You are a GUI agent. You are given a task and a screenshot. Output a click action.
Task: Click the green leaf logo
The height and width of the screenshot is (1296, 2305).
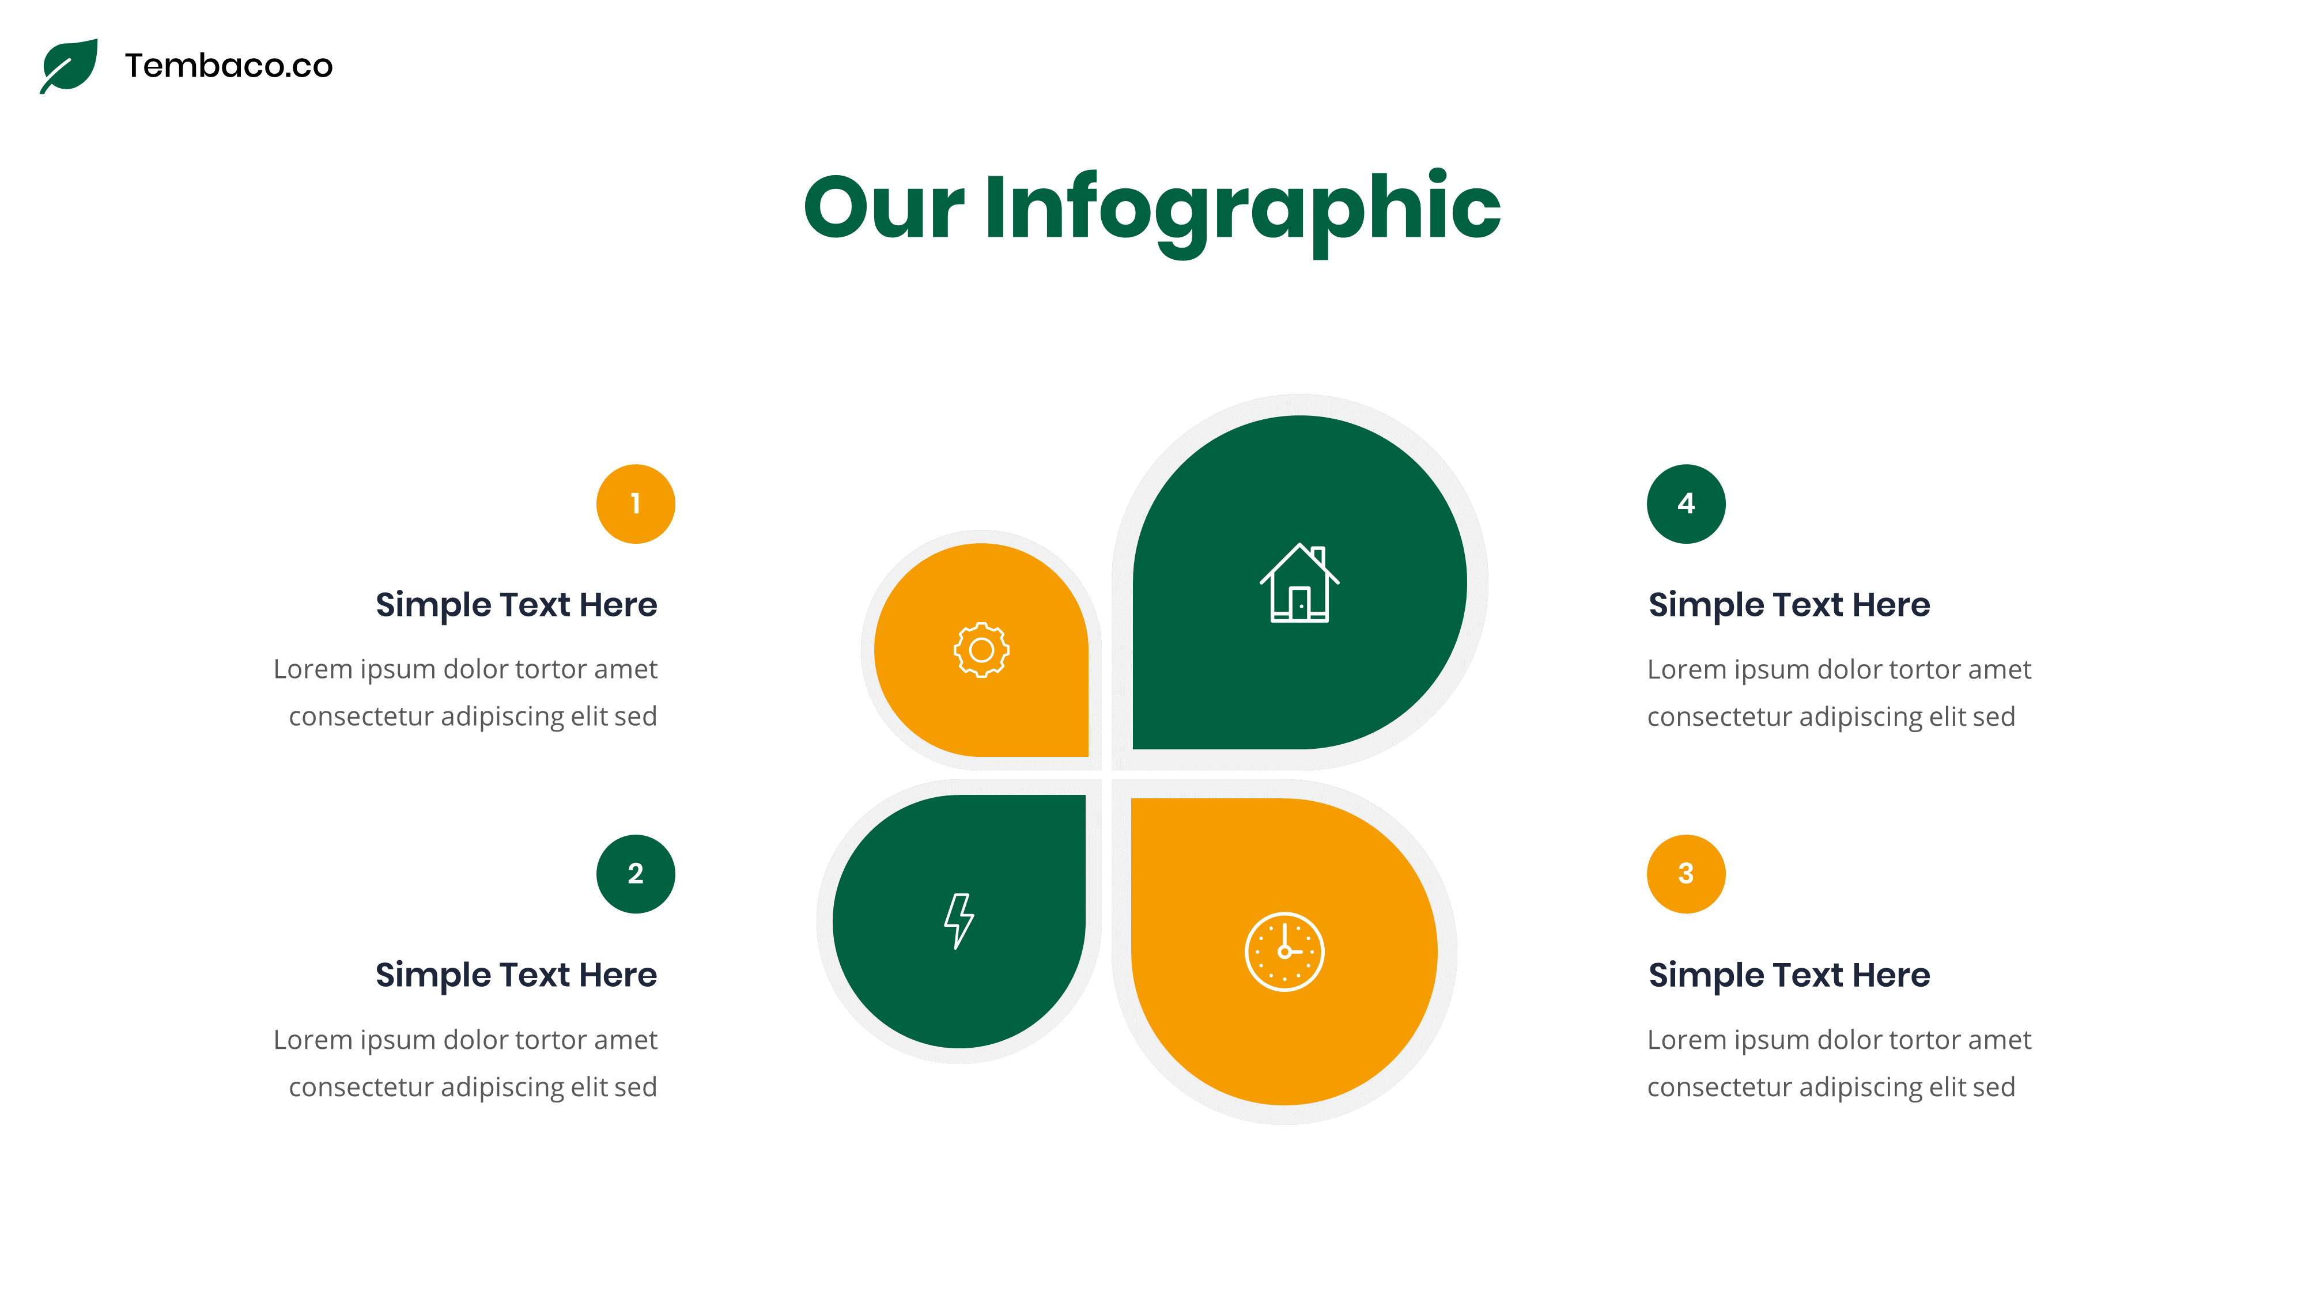pos(70,65)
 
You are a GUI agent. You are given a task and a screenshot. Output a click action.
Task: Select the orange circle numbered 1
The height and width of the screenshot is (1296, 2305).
pos(635,503)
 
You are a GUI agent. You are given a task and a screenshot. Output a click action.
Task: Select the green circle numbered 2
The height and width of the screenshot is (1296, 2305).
pos(635,874)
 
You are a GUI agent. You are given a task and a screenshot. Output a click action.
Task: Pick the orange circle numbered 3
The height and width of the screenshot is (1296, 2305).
pos(1686,874)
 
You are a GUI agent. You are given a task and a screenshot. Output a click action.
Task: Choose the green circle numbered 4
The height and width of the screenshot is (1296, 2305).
pos(1686,503)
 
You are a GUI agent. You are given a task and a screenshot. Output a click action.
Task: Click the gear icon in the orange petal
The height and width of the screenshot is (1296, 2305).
pos(981,650)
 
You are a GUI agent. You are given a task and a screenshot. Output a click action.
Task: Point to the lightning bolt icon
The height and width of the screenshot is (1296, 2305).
pos(958,920)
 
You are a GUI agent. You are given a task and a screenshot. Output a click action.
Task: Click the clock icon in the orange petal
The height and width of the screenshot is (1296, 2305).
pos(1284,952)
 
